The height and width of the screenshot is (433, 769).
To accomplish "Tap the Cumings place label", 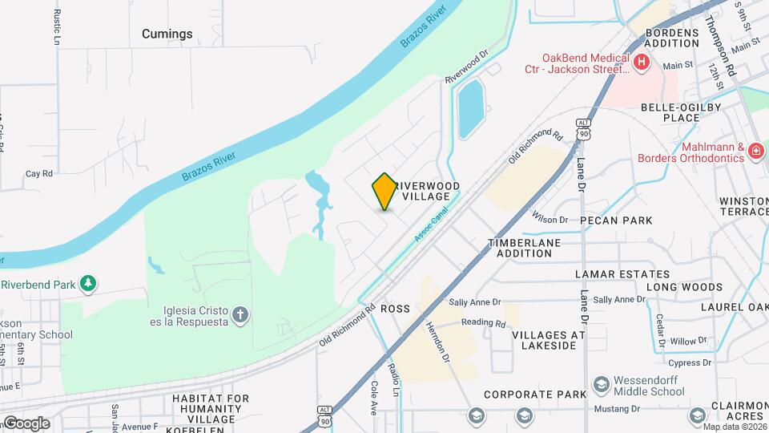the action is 167,34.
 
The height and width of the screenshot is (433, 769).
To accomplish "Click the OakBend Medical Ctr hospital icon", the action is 640,63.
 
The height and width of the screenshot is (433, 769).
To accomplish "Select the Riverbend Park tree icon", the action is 88,284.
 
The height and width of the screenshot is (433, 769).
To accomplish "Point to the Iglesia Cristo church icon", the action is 241,315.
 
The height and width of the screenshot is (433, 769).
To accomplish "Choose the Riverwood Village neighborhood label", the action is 431,191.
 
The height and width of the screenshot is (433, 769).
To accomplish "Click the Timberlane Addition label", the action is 525,247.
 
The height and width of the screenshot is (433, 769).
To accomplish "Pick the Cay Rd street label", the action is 38,173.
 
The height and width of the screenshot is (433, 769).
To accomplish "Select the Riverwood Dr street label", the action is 466,68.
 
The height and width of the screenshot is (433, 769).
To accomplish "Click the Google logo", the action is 26,423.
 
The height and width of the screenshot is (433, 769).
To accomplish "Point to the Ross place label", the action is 395,309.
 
